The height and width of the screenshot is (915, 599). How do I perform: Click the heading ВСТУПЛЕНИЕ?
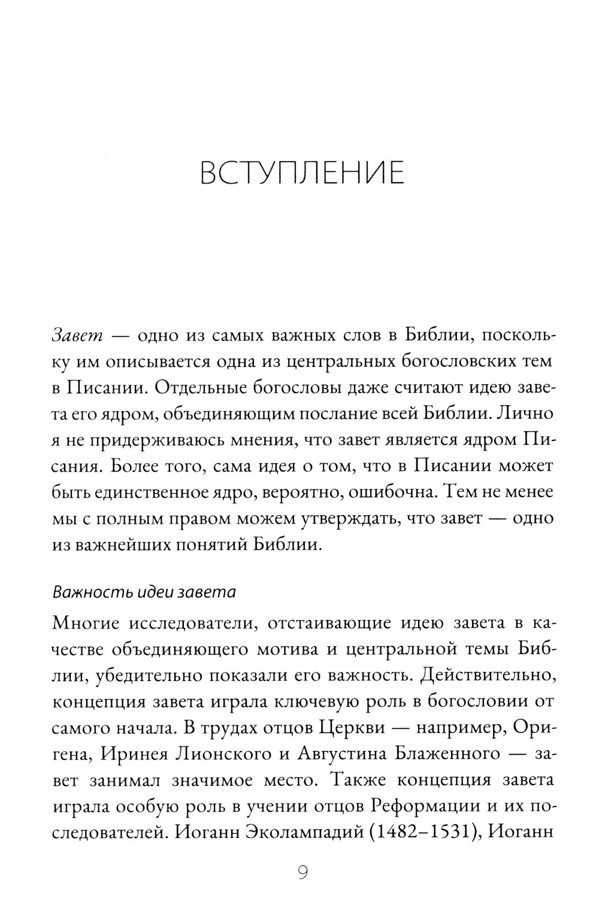click(x=302, y=172)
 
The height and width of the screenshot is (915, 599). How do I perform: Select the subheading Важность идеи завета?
click(x=144, y=592)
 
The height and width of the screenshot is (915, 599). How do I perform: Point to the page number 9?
click(x=302, y=873)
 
